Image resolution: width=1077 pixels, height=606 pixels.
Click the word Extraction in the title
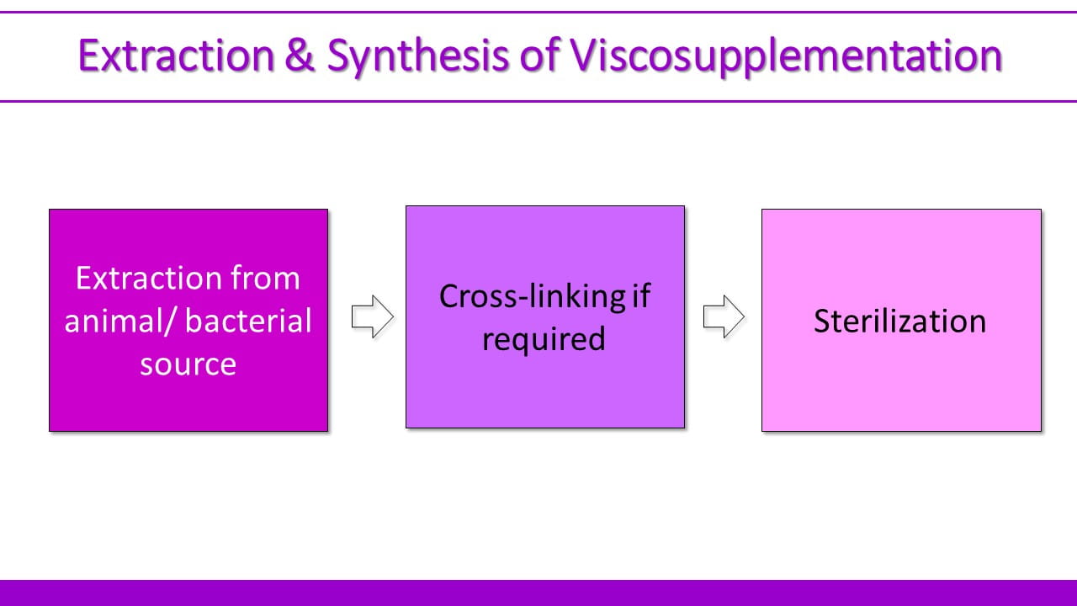tap(176, 56)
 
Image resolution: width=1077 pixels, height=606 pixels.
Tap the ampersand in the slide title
tap(300, 56)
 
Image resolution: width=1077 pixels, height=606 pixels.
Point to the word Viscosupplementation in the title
tap(787, 56)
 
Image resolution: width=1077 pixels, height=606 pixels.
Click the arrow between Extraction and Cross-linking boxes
tap(372, 318)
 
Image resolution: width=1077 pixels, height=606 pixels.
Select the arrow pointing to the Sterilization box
tap(724, 318)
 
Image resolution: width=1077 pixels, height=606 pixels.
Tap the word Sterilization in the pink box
tap(899, 322)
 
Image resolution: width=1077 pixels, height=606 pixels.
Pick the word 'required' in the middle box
tap(544, 339)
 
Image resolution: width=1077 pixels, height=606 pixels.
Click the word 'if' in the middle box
tap(642, 296)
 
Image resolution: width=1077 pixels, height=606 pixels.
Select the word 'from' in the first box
tap(265, 278)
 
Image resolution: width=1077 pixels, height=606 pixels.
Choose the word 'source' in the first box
tap(188, 364)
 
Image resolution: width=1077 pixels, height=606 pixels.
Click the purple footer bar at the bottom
tap(538, 593)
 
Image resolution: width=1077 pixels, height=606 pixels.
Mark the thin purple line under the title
tap(538, 101)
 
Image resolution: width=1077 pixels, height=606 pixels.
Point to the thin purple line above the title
tap(538, 13)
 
